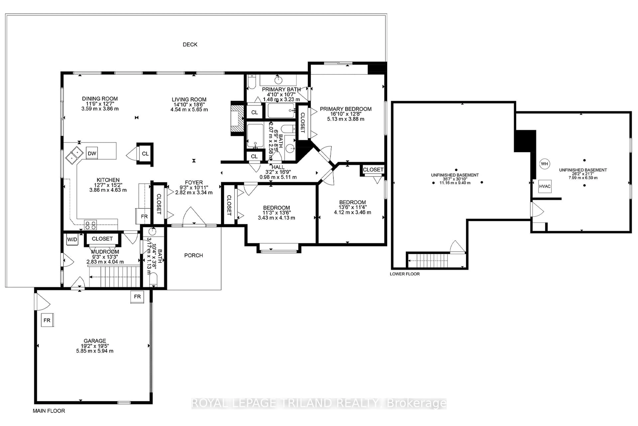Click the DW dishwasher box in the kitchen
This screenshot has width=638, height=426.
[92, 153]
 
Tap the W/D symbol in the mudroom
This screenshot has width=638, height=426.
[72, 239]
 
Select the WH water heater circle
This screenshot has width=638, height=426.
[544, 164]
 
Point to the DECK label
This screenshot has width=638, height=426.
[190, 45]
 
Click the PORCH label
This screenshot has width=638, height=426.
[193, 255]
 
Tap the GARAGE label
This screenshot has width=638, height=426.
[95, 341]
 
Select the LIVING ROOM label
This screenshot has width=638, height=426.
[189, 100]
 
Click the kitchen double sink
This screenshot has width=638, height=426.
[74, 155]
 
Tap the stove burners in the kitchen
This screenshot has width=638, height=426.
[90, 225]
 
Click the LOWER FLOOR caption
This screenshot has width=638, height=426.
[405, 274]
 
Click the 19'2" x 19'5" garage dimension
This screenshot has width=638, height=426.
[95, 346]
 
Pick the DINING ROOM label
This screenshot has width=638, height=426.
[100, 99]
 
